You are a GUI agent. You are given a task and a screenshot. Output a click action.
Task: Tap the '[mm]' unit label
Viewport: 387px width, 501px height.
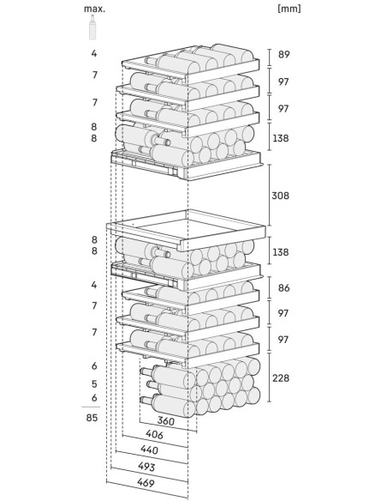(290, 9)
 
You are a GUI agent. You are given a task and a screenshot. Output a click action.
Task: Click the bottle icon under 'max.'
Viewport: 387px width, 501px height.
(92, 29)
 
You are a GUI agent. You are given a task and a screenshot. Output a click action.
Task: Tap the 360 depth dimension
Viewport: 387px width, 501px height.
(167, 422)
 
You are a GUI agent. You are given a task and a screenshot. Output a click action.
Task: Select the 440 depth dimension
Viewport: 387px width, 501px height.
(149, 450)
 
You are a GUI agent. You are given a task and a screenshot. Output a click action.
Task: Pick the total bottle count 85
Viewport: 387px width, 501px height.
(92, 418)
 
